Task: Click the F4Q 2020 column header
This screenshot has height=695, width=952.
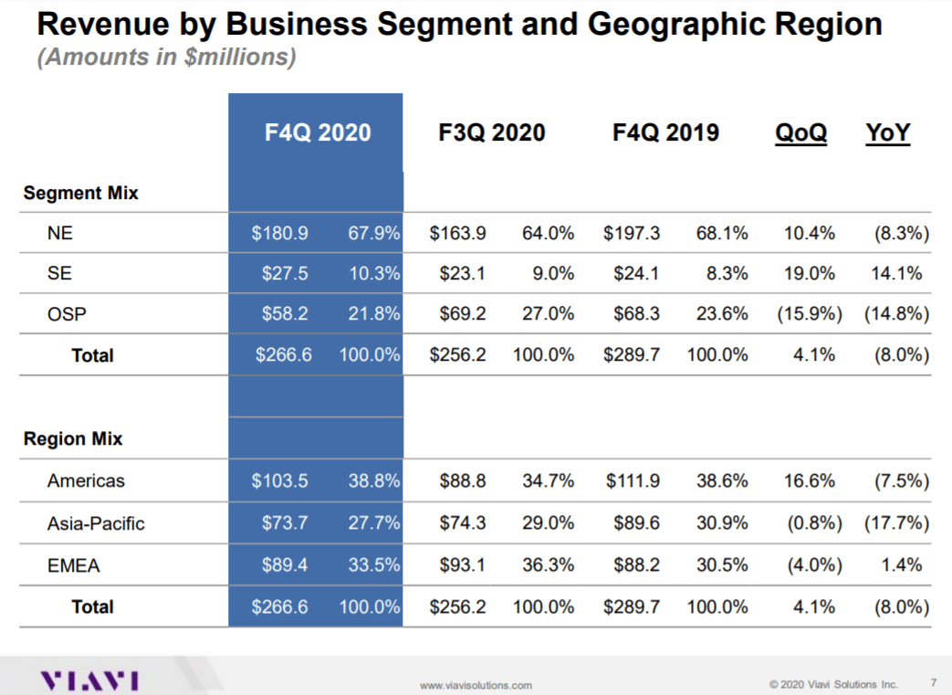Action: click(318, 133)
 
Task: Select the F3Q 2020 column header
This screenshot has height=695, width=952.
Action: click(491, 133)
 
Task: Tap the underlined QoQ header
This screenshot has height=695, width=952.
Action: click(800, 133)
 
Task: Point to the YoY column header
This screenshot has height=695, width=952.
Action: click(887, 133)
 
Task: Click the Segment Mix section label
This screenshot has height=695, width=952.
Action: click(80, 193)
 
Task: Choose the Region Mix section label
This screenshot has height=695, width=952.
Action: click(73, 439)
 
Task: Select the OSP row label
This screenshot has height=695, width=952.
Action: click(64, 314)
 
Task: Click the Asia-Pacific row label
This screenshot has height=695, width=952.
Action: click(96, 523)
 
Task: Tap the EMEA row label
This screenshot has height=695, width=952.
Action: click(73, 566)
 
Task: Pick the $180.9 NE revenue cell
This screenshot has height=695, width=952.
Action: click(279, 234)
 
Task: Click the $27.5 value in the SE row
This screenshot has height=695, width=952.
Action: click(279, 273)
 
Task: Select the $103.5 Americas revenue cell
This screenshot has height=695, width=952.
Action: click(279, 480)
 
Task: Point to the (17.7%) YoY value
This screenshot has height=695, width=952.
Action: click(895, 523)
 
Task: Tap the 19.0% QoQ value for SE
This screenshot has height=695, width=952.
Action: click(809, 273)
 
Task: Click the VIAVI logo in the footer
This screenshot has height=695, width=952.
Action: click(89, 680)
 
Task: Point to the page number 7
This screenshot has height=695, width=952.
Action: click(933, 682)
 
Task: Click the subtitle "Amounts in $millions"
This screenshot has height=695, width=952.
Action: click(166, 58)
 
